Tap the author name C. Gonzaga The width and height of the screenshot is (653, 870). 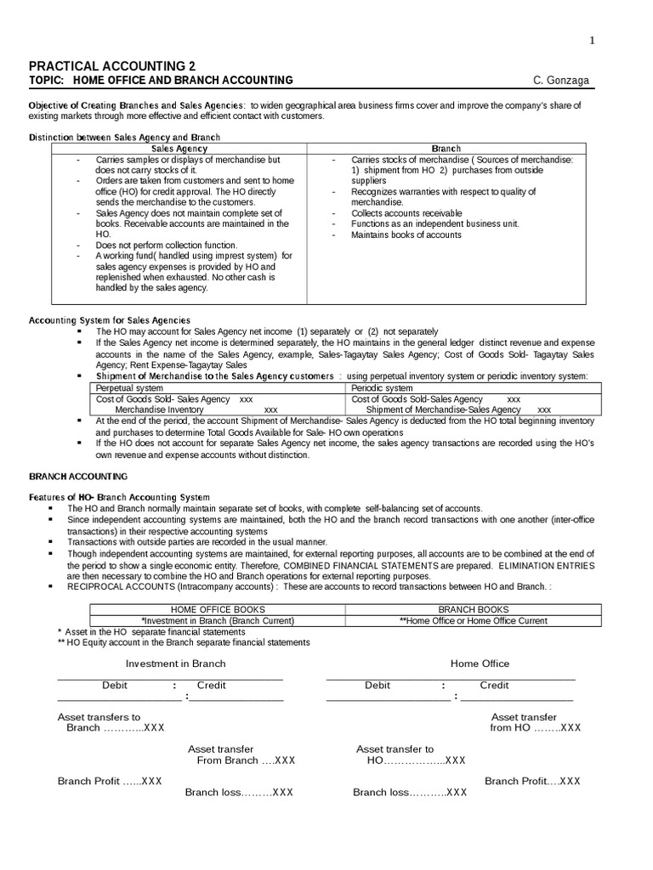[x=560, y=81]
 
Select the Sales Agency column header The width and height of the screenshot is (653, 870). [x=179, y=149]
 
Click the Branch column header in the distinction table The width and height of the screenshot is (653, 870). [x=446, y=149]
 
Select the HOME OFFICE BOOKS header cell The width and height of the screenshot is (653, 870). [x=218, y=609]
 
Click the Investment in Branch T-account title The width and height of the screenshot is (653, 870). [x=176, y=664]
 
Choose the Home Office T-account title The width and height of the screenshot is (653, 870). [x=480, y=664]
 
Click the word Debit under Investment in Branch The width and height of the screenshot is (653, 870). [x=116, y=685]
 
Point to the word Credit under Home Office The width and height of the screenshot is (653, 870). [x=494, y=685]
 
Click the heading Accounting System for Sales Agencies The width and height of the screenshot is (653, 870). [x=110, y=320]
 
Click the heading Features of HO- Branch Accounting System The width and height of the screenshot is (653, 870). [x=119, y=497]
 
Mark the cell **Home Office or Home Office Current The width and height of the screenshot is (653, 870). [x=474, y=620]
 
